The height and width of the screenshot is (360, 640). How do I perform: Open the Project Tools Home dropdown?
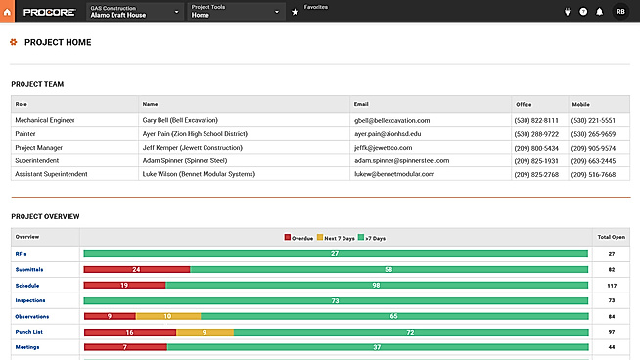[235, 12]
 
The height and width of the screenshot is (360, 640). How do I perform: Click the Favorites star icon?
[295, 12]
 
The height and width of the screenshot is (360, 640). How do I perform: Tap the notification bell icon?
[599, 12]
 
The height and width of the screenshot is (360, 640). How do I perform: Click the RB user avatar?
[620, 12]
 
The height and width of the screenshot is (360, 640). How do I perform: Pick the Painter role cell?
[27, 134]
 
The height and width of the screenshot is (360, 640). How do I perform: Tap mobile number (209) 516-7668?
[594, 174]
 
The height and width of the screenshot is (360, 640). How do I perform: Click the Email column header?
[361, 103]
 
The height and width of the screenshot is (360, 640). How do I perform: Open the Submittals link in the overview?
[29, 269]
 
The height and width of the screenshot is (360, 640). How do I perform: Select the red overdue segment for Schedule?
[124, 285]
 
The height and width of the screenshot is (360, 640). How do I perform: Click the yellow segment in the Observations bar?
[167, 316]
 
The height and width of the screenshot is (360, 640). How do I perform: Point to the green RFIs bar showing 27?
[335, 253]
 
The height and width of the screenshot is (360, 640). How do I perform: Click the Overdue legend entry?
[297, 237]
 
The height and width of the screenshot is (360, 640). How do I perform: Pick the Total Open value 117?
[611, 285]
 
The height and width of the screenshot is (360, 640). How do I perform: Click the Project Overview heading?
[45, 216]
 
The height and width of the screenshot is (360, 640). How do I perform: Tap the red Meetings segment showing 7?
[124, 347]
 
